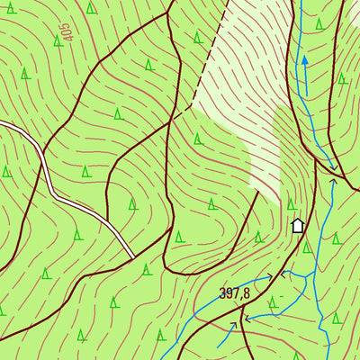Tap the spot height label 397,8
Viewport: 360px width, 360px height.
click(x=234, y=292)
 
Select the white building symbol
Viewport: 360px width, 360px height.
click(x=298, y=225)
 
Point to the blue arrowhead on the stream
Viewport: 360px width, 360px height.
click(x=304, y=60)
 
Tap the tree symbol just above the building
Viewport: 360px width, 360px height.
click(x=292, y=204)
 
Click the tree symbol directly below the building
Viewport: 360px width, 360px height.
click(x=306, y=247)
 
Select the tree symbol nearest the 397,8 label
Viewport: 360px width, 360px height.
click(x=270, y=301)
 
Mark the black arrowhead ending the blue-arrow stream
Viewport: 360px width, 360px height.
click(x=334, y=167)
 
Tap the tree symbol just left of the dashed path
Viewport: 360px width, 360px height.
click(x=197, y=37)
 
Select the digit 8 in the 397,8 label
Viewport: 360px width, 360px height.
click(x=247, y=292)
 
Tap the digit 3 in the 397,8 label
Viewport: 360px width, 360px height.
click(x=222, y=292)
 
